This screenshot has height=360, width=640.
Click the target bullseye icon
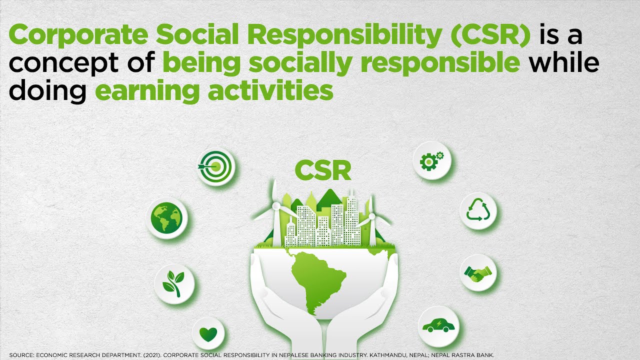coord(216,167)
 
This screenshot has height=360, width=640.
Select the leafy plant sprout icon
coord(173,284)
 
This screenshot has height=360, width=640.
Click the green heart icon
coord(208,333)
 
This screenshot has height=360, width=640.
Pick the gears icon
coord(431,160)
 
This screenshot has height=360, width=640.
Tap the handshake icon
coord(477,273)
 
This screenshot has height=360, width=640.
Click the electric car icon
coord(438,326)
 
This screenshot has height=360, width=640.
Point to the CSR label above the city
coord(322,170)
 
